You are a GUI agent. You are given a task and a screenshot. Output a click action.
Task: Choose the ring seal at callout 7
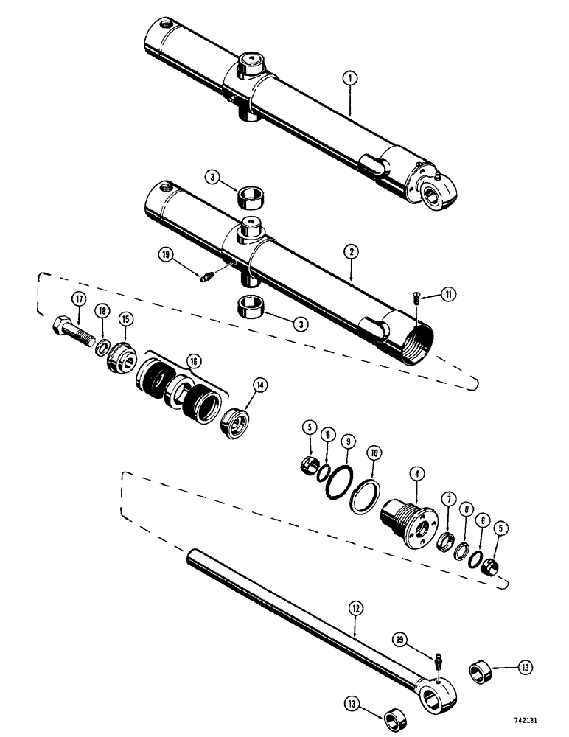[x=447, y=544]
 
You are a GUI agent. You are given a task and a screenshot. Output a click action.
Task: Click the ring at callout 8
[x=464, y=550]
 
